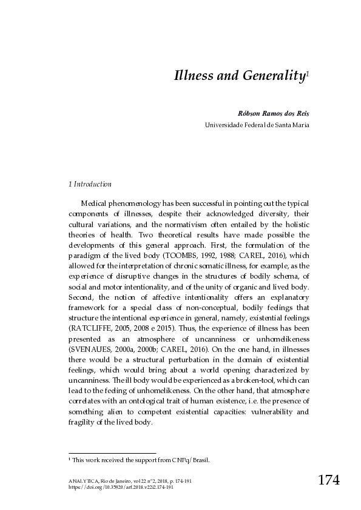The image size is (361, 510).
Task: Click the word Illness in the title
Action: point(192,76)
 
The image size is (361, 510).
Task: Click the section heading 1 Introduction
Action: point(90,184)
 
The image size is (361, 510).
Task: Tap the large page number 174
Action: point(328,481)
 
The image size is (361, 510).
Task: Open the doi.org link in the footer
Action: point(121,486)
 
